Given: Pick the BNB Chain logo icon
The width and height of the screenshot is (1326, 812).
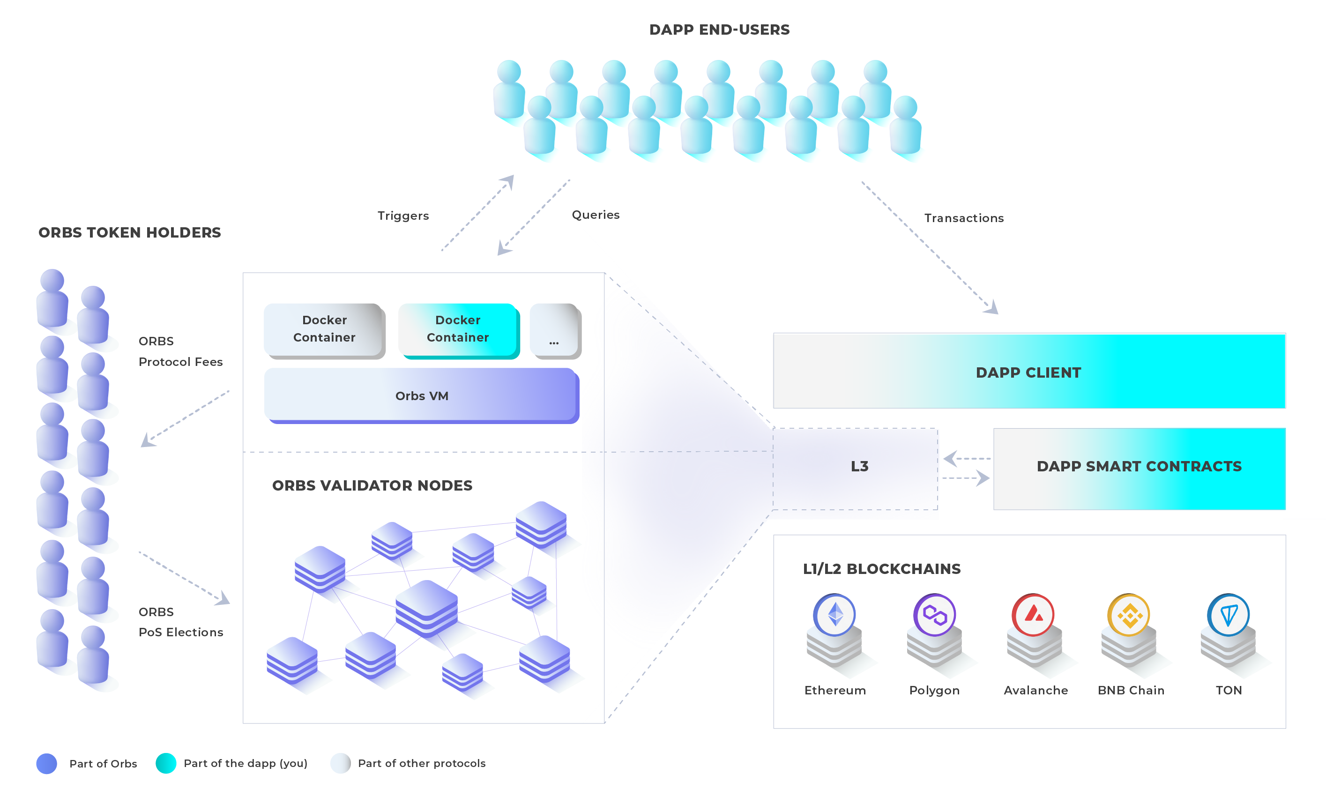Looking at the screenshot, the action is [1129, 615].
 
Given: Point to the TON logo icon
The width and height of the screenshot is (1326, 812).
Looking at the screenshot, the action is [1229, 615].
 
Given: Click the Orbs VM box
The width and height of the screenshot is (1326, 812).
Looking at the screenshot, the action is [422, 395].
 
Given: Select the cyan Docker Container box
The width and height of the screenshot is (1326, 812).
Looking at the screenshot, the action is [459, 330].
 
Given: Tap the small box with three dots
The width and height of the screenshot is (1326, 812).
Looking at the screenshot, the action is [555, 330].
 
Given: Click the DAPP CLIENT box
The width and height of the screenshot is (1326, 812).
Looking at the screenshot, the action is [1029, 371].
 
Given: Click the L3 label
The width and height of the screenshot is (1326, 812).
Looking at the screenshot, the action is [859, 467].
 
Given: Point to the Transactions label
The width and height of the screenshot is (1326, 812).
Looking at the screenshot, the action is [964, 218].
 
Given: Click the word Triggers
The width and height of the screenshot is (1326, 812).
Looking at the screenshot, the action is [403, 216].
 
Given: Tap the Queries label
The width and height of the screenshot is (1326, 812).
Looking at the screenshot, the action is [596, 215].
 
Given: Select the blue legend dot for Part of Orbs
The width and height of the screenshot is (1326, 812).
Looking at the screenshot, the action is [47, 764].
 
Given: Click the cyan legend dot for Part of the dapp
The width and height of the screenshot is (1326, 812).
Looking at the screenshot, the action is [166, 763].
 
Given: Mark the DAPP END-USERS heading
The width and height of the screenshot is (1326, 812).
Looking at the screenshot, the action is [720, 30].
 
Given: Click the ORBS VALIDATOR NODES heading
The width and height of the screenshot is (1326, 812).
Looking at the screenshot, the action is [372, 485].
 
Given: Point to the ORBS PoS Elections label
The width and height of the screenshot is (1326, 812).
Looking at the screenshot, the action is [181, 622].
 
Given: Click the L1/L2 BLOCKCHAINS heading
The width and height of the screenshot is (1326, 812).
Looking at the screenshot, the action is [881, 569].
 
